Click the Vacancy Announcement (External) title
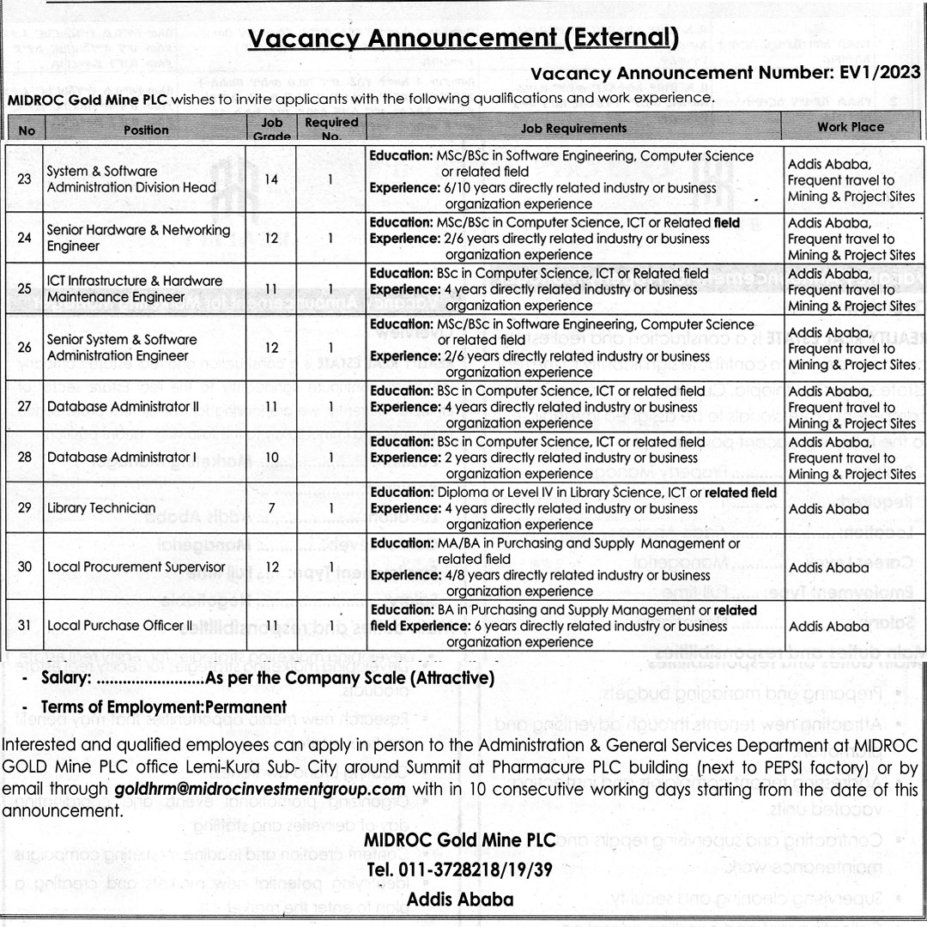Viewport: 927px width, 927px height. point(463,39)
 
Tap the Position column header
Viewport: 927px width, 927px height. point(145,130)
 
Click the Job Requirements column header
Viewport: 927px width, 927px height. point(573,128)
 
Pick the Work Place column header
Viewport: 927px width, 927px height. point(850,127)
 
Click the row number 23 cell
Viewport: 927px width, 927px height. point(24,179)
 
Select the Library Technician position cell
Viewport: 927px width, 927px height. point(101,508)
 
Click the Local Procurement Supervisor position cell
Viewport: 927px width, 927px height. point(136,566)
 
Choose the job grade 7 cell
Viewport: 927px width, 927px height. point(271,508)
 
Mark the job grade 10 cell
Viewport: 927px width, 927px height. point(271,457)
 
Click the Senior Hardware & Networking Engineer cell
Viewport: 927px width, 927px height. point(138,238)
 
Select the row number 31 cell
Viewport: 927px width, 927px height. point(24,625)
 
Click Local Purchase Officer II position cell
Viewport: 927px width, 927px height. point(119,625)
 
